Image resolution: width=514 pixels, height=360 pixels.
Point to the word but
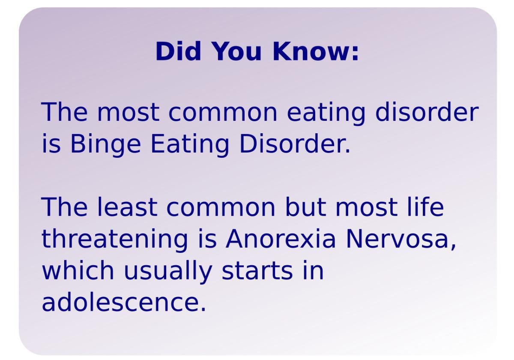coord(307,207)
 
